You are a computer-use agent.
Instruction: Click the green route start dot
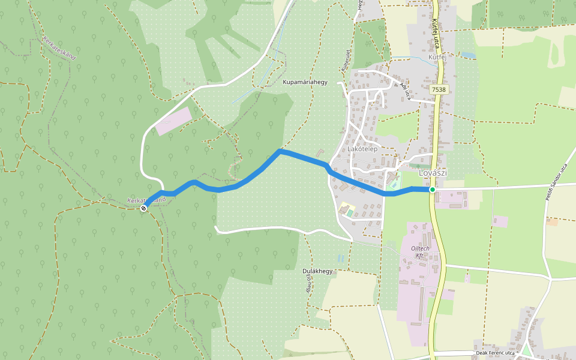pos(432,190)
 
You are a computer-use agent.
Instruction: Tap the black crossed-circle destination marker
pos(144,208)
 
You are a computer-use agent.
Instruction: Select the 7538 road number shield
pos(439,89)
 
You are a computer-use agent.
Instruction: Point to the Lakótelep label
pos(362,149)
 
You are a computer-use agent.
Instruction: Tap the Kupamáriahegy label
pos(305,82)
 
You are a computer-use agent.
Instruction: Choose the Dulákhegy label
pos(317,271)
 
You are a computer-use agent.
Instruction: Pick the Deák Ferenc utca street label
pos(495,353)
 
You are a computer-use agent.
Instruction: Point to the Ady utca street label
pos(406,91)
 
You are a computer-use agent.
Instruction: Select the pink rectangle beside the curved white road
pos(173,121)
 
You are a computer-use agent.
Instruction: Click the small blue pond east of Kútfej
pos(469,55)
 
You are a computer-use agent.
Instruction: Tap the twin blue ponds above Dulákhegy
pos(341,258)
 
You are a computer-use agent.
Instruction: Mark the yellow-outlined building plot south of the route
pos(347,211)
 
